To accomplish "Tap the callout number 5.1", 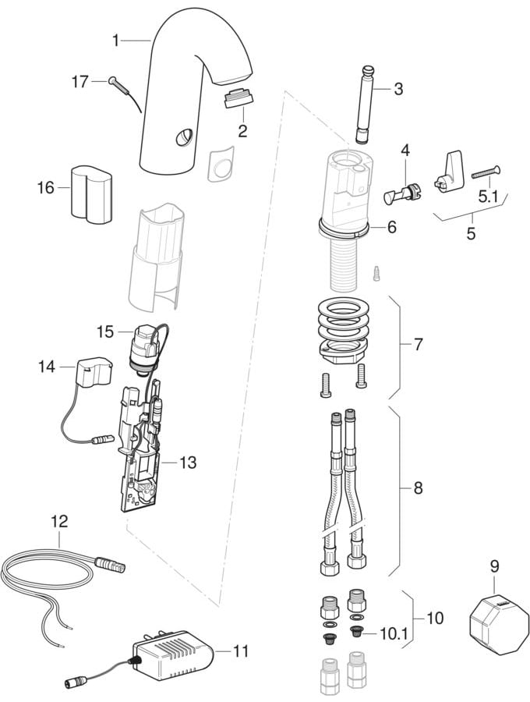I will (489, 198).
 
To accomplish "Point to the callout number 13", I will (188, 463).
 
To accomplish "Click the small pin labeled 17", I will (114, 80).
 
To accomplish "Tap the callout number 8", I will (418, 489).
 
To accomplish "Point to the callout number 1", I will (116, 39).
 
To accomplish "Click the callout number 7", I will (419, 343).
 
